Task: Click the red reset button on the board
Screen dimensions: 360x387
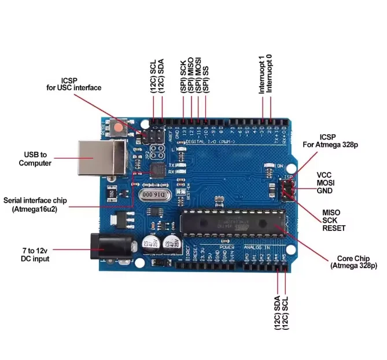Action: coord(119,127)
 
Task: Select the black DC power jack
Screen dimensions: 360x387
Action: coord(103,247)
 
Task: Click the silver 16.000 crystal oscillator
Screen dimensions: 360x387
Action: coord(152,196)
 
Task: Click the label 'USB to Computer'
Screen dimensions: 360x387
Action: coord(35,159)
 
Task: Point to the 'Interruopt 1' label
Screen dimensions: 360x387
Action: coord(261,75)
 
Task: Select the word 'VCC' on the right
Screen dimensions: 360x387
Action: coord(324,174)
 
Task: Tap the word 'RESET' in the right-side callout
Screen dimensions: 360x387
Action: coord(334,227)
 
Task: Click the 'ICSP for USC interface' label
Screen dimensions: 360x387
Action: coord(74,83)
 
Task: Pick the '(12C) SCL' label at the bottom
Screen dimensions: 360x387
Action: coord(285,314)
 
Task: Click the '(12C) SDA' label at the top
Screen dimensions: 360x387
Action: coord(161,78)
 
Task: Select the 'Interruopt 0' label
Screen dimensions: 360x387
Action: coord(270,75)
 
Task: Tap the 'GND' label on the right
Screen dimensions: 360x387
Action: coord(325,190)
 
